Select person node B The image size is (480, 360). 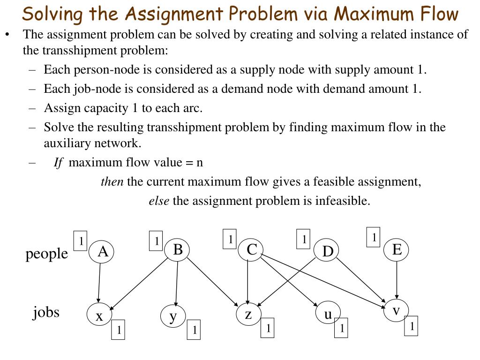click(178, 249)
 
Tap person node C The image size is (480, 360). click(252, 250)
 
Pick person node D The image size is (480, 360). click(327, 252)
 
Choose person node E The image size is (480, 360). click(397, 249)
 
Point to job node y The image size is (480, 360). click(173, 317)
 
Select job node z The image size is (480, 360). click(248, 314)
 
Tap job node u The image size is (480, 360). click(328, 314)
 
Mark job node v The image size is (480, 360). click(396, 310)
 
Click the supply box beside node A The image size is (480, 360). click(81, 241)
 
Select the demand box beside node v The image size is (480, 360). click(411, 327)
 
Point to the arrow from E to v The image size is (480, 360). click(397, 279)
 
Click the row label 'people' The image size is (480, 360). click(46, 254)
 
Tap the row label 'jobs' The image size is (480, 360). click(46, 312)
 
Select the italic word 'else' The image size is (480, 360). click(159, 201)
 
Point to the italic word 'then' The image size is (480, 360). click(112, 181)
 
